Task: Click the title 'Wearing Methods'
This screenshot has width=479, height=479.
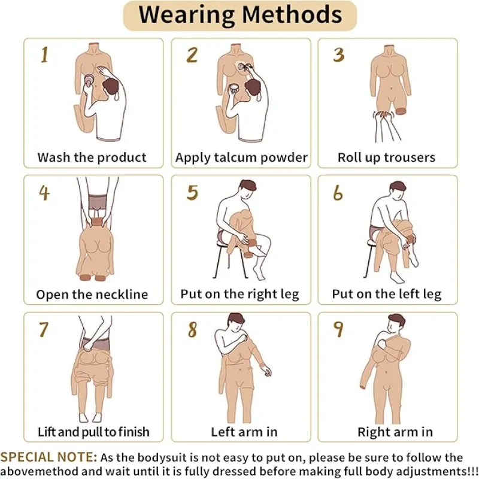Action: [240, 14]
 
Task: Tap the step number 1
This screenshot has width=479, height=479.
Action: [44, 55]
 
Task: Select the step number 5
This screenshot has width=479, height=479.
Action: [192, 192]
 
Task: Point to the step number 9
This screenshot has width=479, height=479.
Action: [338, 329]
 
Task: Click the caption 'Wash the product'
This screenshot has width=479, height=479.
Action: [92, 157]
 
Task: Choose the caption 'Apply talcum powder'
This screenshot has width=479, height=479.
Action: [241, 157]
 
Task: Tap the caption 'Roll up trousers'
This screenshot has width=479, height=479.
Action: [386, 157]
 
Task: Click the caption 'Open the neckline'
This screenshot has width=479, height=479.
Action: [92, 295]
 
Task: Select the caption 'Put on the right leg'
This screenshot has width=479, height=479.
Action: [240, 294]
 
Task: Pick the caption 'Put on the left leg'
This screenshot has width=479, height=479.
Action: [387, 294]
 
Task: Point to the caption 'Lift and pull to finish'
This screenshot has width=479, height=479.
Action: [93, 432]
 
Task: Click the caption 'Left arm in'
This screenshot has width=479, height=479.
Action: [244, 432]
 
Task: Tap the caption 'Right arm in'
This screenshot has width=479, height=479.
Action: [395, 432]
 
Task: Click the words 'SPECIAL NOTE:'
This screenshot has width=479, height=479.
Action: [48, 457]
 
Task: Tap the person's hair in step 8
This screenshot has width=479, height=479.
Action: [236, 319]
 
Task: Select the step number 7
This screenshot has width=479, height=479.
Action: [44, 329]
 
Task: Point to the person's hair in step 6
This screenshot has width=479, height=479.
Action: [398, 186]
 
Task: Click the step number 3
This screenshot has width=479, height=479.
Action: [339, 55]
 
